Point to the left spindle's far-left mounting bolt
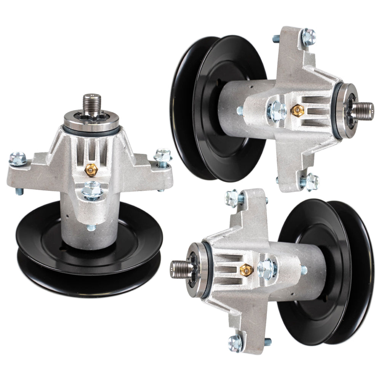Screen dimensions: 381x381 pyautogui.click(x=18, y=158)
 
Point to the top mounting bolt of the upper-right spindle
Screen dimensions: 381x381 pyautogui.click(x=308, y=36)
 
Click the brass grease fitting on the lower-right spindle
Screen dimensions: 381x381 pyautogui.click(x=247, y=270)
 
